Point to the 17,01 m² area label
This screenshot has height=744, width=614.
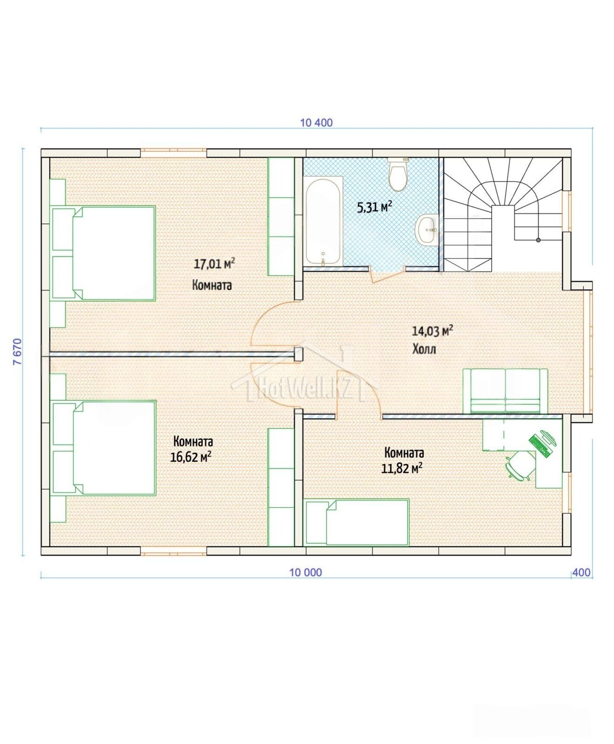point(214,264)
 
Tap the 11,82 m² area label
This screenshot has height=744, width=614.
point(402,467)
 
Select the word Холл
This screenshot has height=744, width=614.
point(424,349)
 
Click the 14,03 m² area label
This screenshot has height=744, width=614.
point(433,331)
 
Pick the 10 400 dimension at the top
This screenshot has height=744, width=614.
point(317,123)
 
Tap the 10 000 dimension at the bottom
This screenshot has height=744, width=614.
point(306,572)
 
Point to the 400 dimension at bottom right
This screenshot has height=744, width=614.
point(581,572)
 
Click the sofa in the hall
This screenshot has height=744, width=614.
point(505,391)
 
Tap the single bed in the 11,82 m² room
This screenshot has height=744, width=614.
point(357,522)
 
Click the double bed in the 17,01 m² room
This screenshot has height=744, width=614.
point(103,253)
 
